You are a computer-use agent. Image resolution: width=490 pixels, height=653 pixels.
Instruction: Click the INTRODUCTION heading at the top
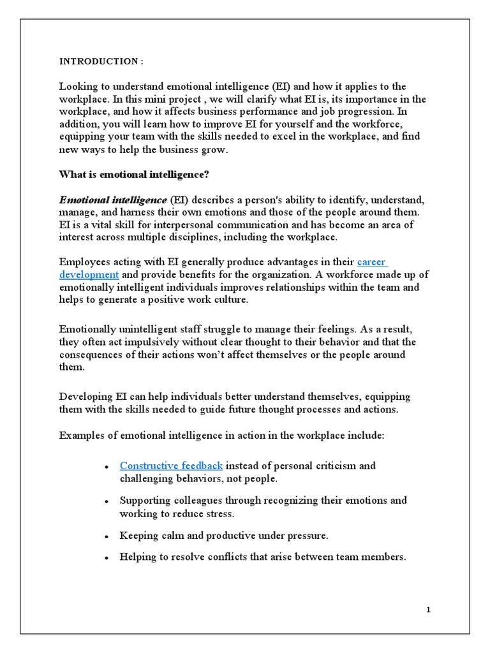click(101, 61)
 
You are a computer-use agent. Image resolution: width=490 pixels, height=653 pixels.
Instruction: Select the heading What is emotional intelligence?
click(134, 174)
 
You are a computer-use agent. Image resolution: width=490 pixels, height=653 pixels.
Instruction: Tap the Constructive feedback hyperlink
click(171, 466)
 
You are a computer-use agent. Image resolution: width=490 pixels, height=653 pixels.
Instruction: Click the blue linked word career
click(372, 261)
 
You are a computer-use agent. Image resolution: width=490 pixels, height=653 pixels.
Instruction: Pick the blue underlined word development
click(89, 274)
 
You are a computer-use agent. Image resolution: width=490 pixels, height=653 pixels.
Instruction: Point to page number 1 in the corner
click(429, 610)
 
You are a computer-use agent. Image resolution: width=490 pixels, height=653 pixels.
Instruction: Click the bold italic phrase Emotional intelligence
click(113, 200)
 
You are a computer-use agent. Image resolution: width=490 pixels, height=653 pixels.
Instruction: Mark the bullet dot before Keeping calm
click(107, 537)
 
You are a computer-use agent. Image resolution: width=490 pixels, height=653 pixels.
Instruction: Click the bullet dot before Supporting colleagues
click(107, 502)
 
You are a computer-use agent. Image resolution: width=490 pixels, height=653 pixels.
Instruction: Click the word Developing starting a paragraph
click(85, 397)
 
